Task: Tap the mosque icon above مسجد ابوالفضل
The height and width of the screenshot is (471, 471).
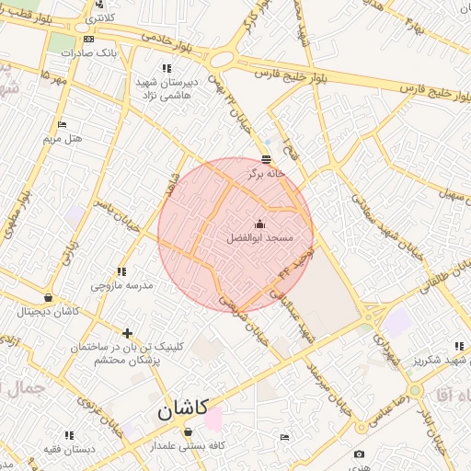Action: tap(259, 224)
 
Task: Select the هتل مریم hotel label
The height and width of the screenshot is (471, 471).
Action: tap(63, 139)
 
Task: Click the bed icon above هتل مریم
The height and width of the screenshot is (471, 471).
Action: tap(63, 124)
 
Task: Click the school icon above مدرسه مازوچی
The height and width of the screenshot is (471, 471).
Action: tap(121, 271)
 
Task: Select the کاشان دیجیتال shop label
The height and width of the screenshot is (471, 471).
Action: tap(48, 312)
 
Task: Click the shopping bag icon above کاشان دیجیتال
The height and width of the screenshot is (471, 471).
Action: tap(48, 298)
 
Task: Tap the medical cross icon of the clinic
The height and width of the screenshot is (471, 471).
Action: tap(127, 333)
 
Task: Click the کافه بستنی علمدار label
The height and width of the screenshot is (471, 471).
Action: tap(189, 445)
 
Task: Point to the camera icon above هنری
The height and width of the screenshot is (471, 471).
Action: tap(359, 454)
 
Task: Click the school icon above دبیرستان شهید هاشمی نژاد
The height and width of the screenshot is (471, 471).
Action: tap(167, 68)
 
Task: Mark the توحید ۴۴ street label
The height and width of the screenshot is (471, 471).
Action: tap(298, 261)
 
